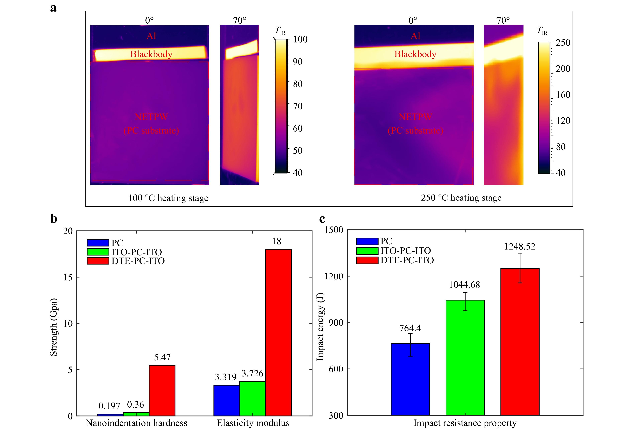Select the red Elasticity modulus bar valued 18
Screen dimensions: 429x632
pyautogui.click(x=278, y=332)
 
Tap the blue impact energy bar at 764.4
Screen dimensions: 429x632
pyautogui.click(x=410, y=379)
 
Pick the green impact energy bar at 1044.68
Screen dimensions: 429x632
pyautogui.click(x=465, y=357)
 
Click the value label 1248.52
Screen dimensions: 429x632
pyautogui.click(x=519, y=247)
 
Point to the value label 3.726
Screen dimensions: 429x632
pyautogui.click(x=252, y=374)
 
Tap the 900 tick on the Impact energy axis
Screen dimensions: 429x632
pyautogui.click(x=336, y=322)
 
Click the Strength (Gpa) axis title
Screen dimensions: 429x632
pyautogui.click(x=54, y=327)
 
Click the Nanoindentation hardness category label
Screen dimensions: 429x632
pyautogui.click(x=137, y=423)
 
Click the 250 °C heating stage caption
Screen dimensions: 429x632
pyautogui.click(x=461, y=198)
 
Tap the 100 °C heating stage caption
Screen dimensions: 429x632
pyautogui.click(x=168, y=198)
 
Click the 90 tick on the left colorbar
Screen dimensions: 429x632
pyautogui.click(x=297, y=62)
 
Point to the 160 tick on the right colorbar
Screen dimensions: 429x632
pyautogui.click(x=563, y=95)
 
